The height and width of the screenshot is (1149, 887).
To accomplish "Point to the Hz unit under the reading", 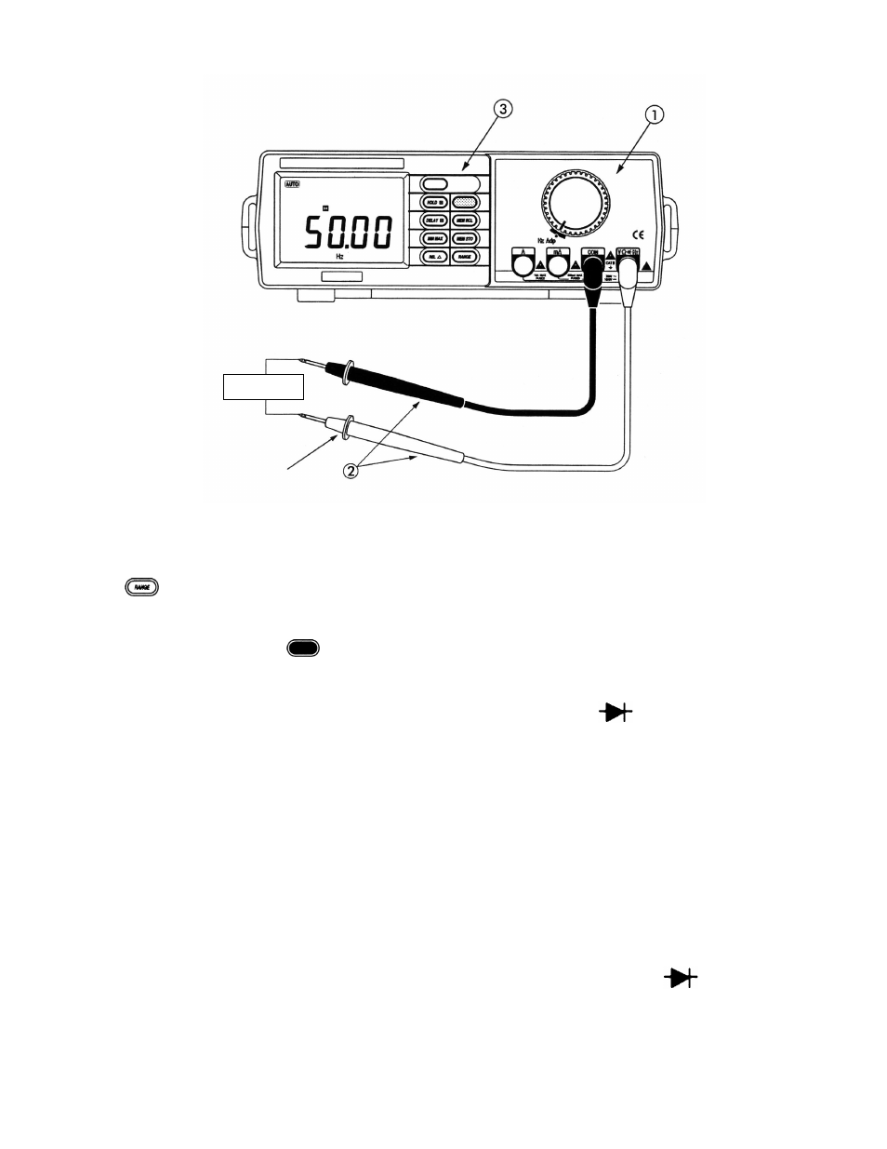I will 340,254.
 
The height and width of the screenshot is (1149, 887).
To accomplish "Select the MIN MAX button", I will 434,238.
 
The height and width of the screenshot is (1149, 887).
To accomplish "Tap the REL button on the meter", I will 434,256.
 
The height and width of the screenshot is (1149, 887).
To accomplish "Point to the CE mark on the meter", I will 639,234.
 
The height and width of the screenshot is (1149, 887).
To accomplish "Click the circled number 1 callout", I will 655,115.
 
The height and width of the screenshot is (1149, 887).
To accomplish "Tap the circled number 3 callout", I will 502,110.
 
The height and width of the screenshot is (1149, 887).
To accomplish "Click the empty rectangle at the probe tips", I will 264,386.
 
